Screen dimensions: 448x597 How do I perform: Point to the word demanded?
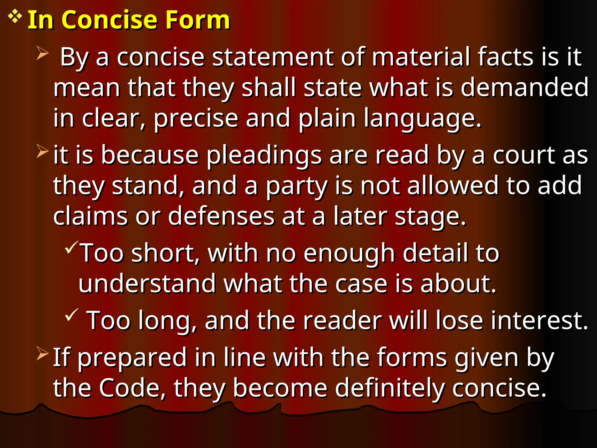point(524,87)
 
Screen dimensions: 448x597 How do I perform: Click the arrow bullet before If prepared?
point(43,353)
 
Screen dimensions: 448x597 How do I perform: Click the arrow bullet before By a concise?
point(43,53)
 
